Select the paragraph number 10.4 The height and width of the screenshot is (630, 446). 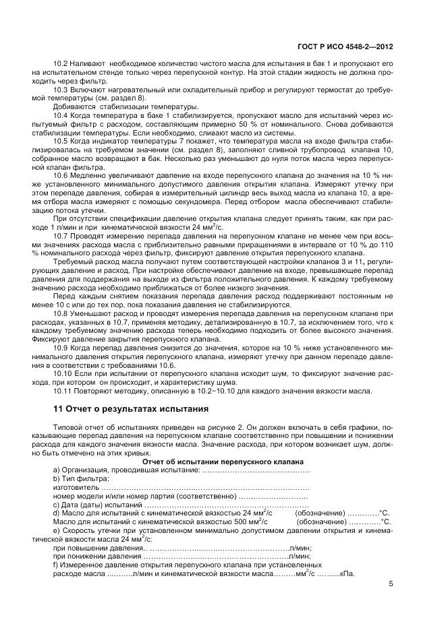[x=61, y=116]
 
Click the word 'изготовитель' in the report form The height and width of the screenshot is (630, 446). [x=76, y=486]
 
